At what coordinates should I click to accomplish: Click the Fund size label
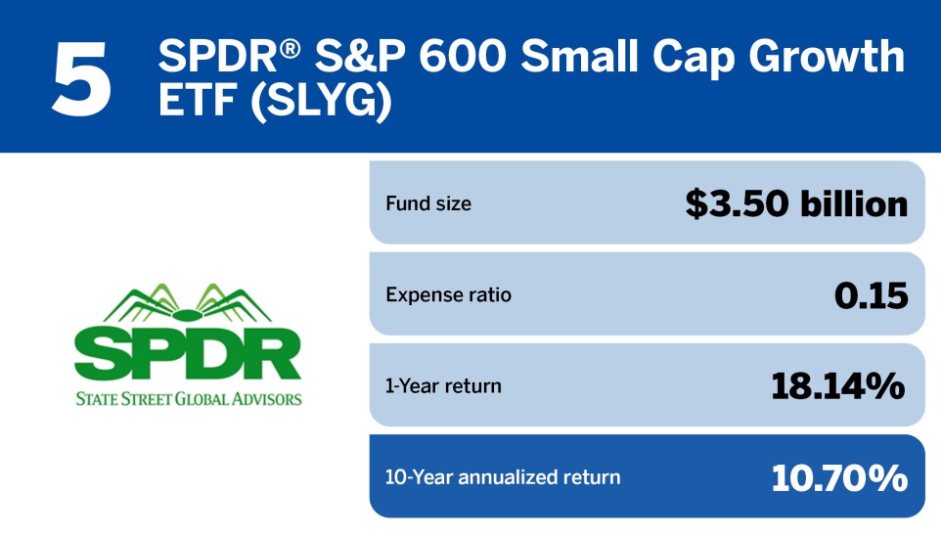point(428,204)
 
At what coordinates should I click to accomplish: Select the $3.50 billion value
point(796,203)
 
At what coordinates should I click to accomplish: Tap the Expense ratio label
point(449,294)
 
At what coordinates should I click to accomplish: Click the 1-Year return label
point(443,385)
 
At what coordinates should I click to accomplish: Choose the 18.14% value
point(838,385)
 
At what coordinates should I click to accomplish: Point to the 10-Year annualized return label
point(503,477)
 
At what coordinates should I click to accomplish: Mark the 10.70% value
point(839,477)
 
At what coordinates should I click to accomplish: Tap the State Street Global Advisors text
point(188,398)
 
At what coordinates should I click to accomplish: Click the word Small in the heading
point(580,58)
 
